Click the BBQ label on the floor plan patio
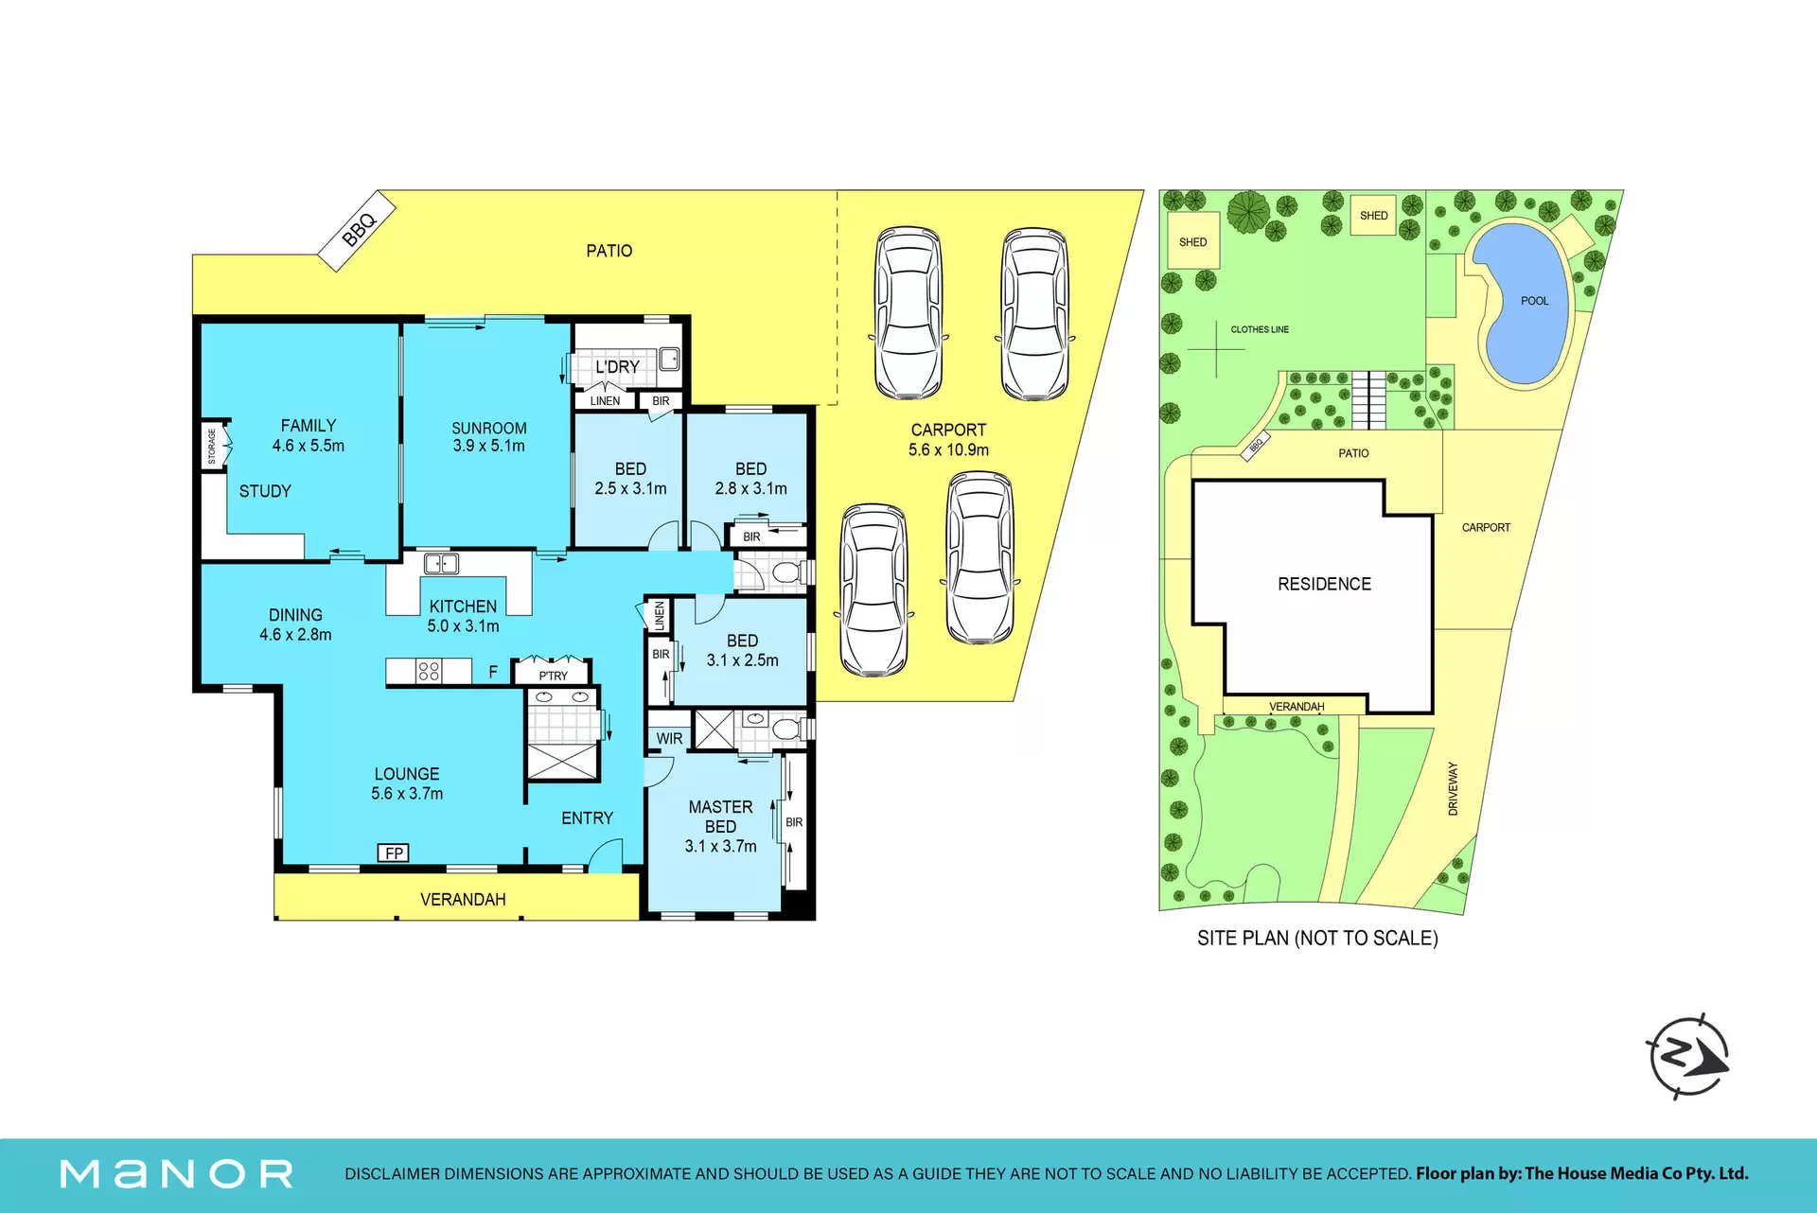[360, 228]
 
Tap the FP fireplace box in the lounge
[394, 853]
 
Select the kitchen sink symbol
[441, 564]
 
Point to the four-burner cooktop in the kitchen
[429, 671]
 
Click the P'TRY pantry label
[554, 676]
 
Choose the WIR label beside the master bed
[669, 738]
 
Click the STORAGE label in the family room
[212, 446]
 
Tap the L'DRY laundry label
[617, 366]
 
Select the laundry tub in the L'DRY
[669, 359]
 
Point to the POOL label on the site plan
[1534, 301]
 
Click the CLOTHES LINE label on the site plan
[1260, 329]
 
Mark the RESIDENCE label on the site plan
[1324, 584]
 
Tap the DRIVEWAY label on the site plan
[1453, 788]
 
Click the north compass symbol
[1689, 1056]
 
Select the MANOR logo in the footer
[176, 1174]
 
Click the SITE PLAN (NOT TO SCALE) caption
[1317, 938]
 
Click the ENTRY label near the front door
[587, 817]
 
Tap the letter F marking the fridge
[493, 672]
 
